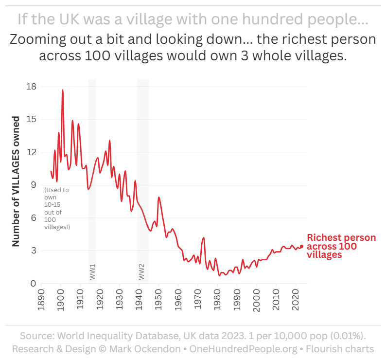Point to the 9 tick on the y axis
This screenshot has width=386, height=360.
33,185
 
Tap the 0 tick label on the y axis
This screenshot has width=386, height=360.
33,284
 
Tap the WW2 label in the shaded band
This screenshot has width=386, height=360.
142,271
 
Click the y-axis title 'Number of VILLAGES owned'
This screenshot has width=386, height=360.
16,181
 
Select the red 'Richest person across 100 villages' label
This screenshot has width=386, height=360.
341,246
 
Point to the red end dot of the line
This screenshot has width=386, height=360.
301,246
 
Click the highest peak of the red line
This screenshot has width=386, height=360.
63,90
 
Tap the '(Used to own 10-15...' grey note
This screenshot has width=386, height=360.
57,208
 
